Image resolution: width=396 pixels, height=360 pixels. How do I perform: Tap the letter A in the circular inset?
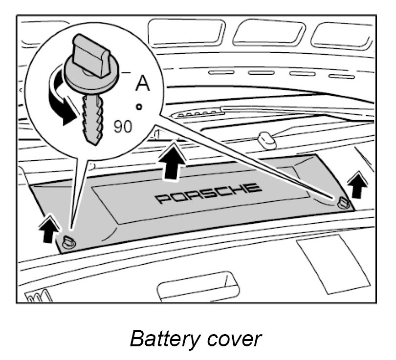(142, 83)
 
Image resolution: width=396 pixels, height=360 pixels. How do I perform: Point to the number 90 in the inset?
(123, 127)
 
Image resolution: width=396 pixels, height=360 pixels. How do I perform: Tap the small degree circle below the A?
(139, 106)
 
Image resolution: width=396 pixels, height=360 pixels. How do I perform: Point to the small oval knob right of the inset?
(265, 140)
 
